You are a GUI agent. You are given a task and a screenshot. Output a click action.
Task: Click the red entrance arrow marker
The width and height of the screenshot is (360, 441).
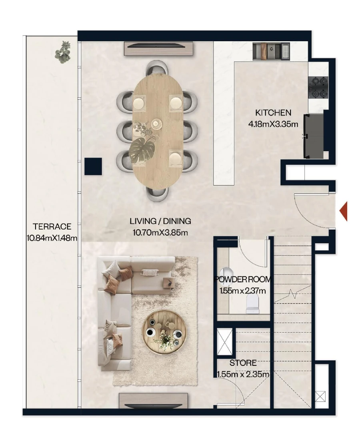[x=344, y=212]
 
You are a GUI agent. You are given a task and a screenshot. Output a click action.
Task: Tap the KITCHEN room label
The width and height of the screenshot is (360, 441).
[x=273, y=113]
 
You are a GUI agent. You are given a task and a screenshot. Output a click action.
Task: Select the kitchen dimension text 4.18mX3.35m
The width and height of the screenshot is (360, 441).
[x=273, y=124]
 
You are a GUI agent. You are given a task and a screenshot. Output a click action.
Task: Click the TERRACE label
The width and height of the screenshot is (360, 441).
[x=52, y=227]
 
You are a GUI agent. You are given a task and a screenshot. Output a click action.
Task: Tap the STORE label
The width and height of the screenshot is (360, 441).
[x=243, y=363]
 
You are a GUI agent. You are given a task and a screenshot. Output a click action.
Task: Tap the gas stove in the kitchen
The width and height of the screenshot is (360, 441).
[x=318, y=88]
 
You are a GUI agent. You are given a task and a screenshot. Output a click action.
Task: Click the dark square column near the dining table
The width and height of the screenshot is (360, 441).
[x=93, y=166]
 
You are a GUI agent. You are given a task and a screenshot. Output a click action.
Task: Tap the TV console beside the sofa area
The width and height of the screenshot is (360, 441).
[x=154, y=400]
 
